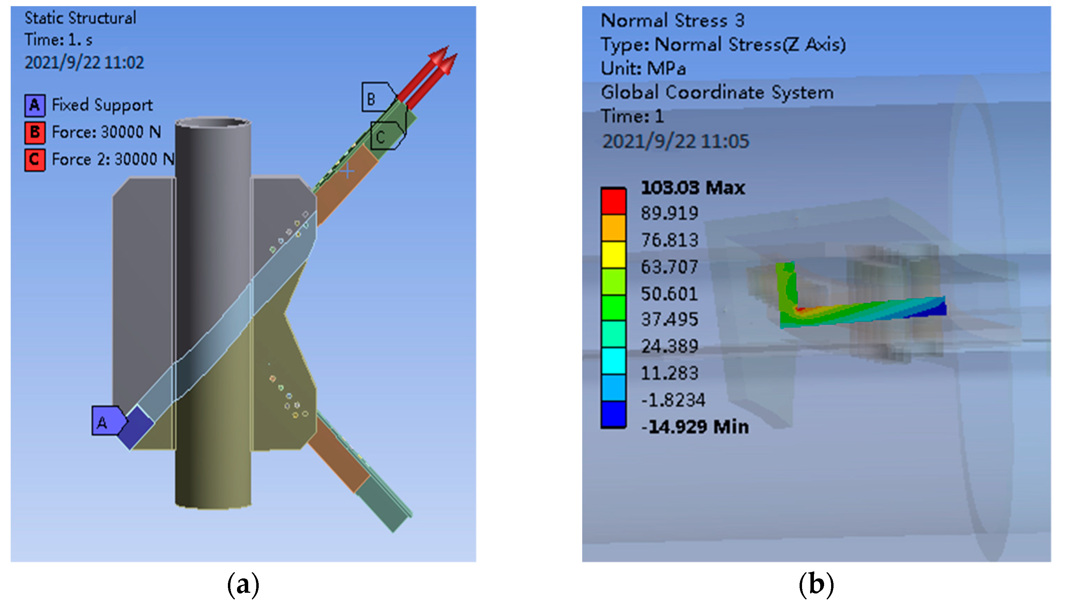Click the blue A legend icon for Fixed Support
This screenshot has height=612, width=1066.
34,105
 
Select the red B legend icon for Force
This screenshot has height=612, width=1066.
34,132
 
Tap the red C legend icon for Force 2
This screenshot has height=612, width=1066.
34,160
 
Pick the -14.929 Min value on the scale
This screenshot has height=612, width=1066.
695,427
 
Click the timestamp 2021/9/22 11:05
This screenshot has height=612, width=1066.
675,141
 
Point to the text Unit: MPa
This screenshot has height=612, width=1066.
643,68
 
